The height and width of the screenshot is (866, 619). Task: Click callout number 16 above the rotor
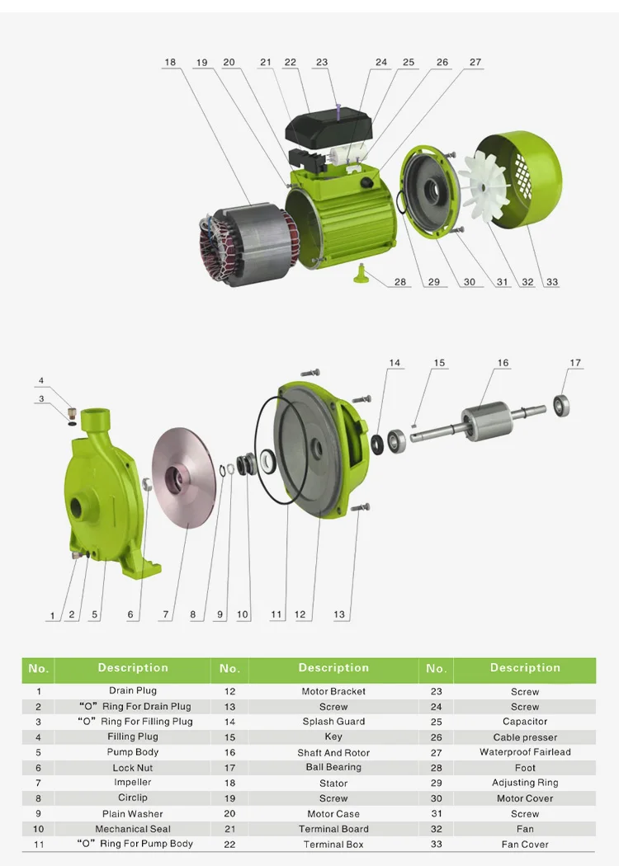pyautogui.click(x=503, y=363)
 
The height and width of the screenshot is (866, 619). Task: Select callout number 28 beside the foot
pyautogui.click(x=400, y=282)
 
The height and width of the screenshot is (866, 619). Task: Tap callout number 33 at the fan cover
pyautogui.click(x=552, y=282)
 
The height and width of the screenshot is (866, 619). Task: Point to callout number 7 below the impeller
pyautogui.click(x=166, y=614)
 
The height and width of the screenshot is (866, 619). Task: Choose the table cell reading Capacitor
pyautogui.click(x=525, y=722)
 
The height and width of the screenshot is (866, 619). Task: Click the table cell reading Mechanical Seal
pyautogui.click(x=133, y=829)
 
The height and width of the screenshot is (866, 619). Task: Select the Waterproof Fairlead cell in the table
pyautogui.click(x=525, y=752)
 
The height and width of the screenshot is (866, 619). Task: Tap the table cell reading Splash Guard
pyautogui.click(x=333, y=722)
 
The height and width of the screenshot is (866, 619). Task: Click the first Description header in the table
pyautogui.click(x=133, y=668)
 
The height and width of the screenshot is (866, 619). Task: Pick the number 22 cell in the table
pyautogui.click(x=229, y=845)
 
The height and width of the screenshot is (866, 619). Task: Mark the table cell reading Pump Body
pyautogui.click(x=133, y=752)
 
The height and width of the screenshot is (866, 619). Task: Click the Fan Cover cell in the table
pyautogui.click(x=525, y=845)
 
